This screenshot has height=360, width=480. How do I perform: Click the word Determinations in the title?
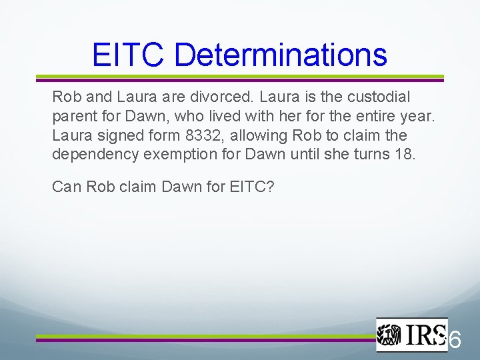280,54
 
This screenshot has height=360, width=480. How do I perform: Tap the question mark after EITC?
269,187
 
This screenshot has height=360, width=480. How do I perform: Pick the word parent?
72,116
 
